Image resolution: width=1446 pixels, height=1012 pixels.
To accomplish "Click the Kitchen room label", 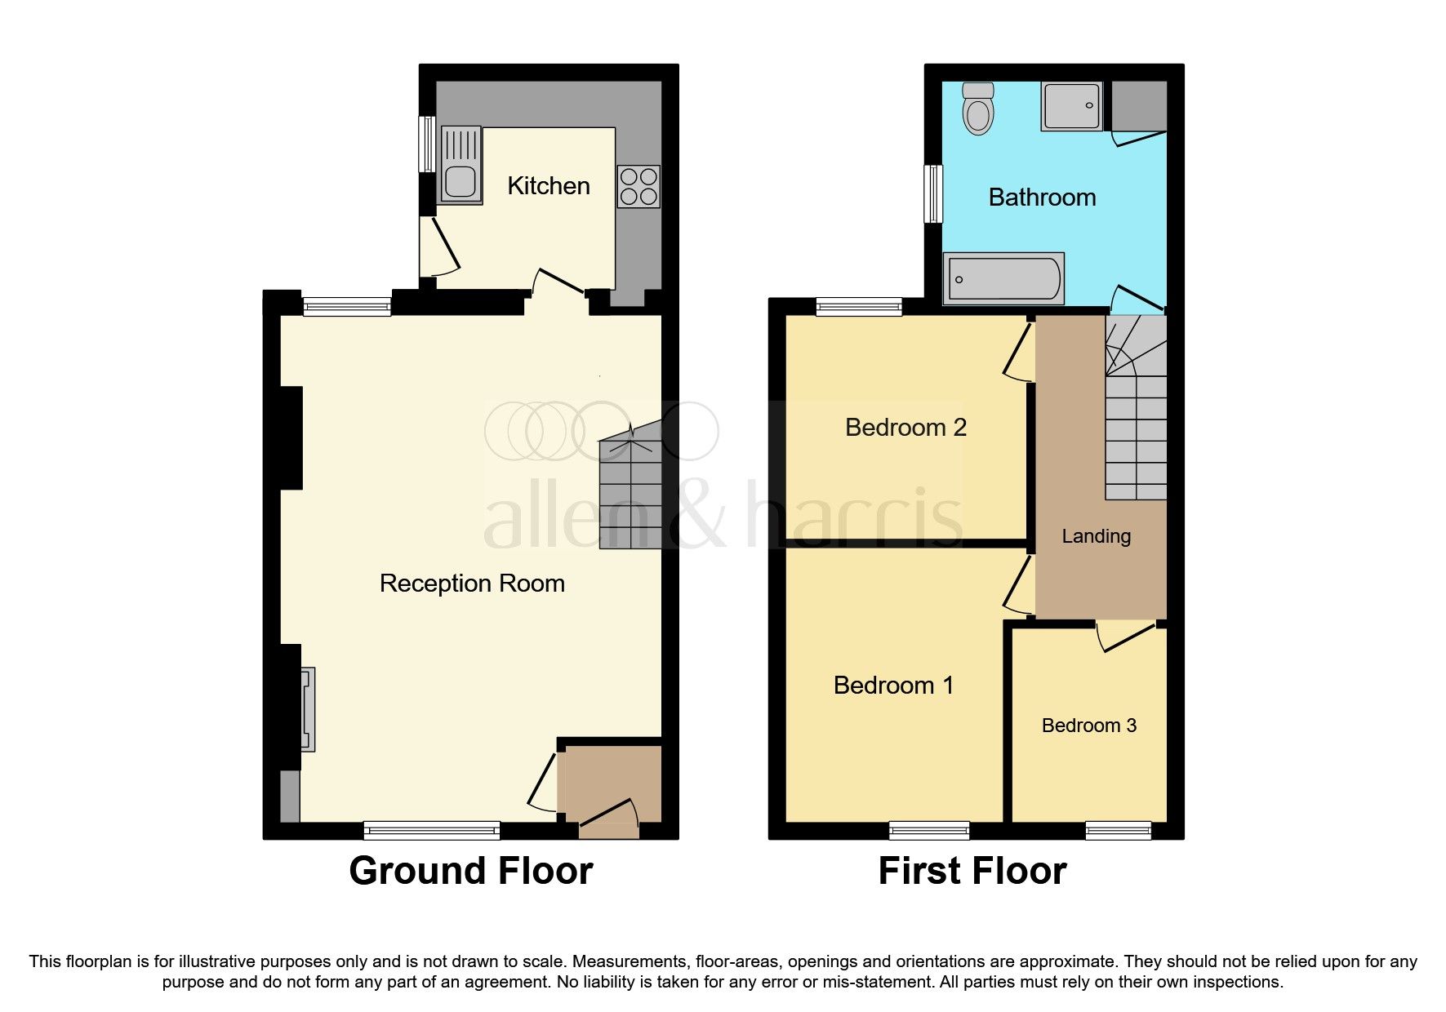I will point(548,186).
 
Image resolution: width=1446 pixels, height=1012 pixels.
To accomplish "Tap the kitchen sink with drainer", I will point(460,164).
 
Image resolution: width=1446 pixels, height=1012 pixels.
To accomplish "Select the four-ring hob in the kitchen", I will point(638,187).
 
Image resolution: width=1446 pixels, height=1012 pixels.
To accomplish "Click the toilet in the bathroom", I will point(978,109).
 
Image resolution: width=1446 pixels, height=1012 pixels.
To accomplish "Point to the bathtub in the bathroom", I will point(1003,278).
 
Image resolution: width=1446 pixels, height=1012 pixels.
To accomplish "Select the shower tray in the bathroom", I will point(1071,105).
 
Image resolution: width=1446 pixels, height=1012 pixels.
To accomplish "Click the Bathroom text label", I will point(1042,198).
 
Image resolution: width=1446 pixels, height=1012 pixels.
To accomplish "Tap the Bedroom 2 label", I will point(905,428).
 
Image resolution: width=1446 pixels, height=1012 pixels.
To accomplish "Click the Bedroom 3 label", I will point(1088,726).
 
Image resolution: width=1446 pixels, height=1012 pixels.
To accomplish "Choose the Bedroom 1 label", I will point(893,686).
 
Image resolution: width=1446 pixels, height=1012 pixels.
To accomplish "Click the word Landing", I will point(1096,536).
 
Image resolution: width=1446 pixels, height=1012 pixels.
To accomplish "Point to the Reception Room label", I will point(472,584).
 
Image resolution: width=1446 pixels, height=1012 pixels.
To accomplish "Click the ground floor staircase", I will point(630,490).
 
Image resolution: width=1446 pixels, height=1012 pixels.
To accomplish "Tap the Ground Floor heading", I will point(470,871).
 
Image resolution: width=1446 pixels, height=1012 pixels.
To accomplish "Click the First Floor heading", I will point(972,871).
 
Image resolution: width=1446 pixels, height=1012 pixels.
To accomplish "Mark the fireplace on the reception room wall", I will point(306,709).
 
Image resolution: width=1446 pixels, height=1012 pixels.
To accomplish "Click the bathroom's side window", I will point(932,193).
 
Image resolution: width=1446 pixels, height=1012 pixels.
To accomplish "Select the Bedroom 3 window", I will point(1118,830).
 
